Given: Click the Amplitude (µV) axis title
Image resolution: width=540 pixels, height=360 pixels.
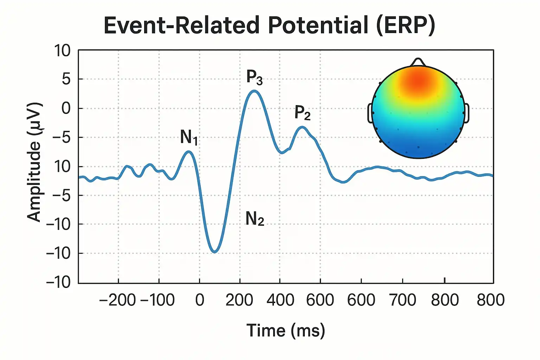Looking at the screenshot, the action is click(x=34, y=162).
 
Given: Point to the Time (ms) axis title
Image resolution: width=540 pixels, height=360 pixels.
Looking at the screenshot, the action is click(x=286, y=330).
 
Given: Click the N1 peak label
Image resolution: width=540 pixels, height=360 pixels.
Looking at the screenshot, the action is click(x=189, y=137).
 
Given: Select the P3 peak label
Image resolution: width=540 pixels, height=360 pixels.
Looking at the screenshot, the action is click(x=254, y=78).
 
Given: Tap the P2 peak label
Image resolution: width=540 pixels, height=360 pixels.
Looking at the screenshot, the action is click(x=303, y=112).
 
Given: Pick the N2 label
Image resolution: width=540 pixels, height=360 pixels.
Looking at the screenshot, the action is click(x=255, y=219).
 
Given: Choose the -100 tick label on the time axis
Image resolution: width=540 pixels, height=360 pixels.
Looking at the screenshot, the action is click(x=157, y=300).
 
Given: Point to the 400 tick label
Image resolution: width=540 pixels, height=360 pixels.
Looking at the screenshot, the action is click(x=280, y=300).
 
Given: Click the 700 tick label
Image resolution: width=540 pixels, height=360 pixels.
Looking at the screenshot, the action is click(x=403, y=300).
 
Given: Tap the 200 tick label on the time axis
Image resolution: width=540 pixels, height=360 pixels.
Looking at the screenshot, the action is click(x=239, y=300).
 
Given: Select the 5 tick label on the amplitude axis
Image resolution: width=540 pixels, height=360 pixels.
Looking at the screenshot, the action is click(x=66, y=79).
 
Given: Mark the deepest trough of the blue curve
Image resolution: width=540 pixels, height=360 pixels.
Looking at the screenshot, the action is click(x=214, y=252).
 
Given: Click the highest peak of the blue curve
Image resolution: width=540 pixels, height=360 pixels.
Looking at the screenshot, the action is click(x=254, y=91).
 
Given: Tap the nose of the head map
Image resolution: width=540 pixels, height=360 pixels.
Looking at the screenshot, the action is click(x=418, y=62).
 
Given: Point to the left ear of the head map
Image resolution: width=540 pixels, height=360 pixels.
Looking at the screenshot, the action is click(x=370, y=113).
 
